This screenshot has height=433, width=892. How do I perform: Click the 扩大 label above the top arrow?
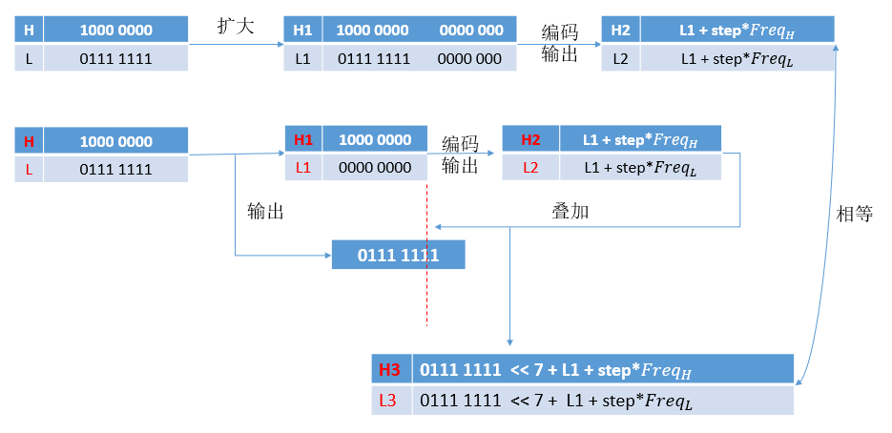tap(236, 27)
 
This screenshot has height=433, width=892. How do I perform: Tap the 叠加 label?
tap(570, 211)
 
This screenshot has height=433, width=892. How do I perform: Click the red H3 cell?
tap(389, 369)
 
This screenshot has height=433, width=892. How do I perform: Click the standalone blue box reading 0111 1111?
tap(398, 255)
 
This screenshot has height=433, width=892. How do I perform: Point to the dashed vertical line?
tap(426, 286)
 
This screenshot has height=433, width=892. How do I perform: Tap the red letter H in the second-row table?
tap(29, 141)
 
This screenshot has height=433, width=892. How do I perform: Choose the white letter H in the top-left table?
tap(29, 30)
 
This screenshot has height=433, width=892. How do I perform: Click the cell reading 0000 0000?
tap(375, 168)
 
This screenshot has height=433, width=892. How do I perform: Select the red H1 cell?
tap(303, 139)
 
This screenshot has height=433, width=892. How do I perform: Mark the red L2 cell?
tap(530, 168)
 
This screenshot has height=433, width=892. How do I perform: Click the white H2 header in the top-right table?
tap(620, 30)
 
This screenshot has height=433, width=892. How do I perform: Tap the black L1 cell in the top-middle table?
tap(303, 58)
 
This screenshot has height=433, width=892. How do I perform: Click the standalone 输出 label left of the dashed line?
tap(265, 211)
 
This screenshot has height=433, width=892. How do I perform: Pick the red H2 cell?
tap(530, 139)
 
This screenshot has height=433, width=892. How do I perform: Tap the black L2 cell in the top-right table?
tap(620, 58)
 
